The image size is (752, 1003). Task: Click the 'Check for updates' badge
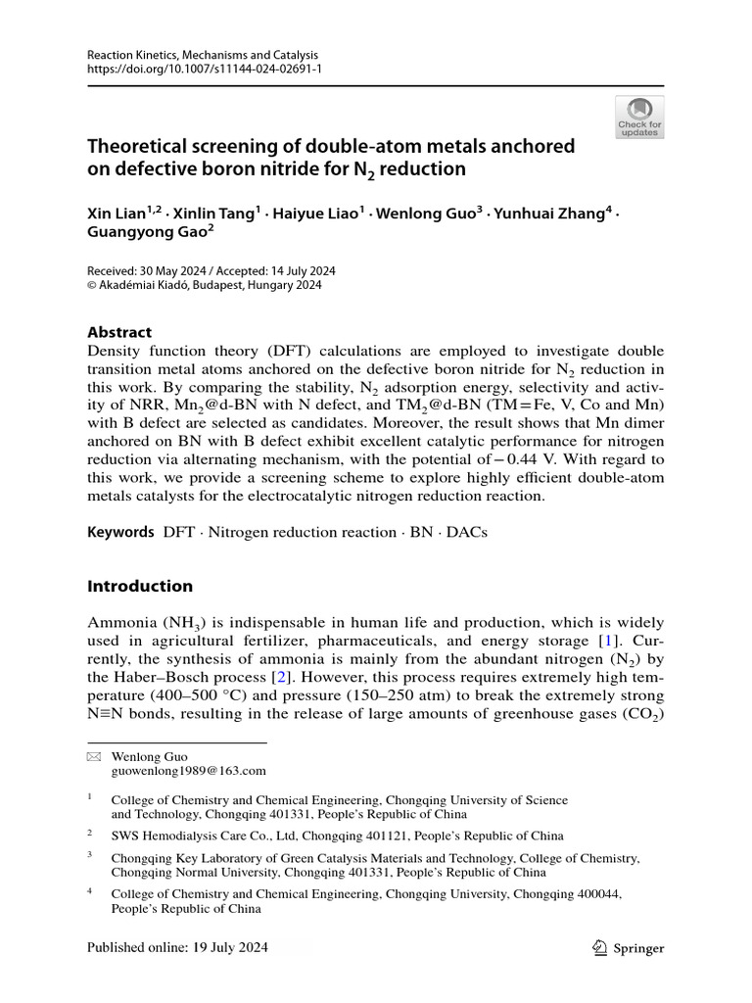pos(639,117)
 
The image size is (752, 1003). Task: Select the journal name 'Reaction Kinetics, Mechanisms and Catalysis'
pos(203,55)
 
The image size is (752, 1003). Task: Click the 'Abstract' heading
pos(120,332)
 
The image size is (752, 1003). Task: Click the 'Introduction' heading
pos(140,586)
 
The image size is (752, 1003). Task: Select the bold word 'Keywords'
pos(120,532)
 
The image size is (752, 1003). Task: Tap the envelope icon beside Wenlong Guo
pos(94,757)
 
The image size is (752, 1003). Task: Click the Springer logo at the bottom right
pos(630,947)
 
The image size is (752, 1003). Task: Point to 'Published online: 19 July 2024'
pos(177,947)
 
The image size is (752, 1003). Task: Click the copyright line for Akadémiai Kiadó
pos(205,286)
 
